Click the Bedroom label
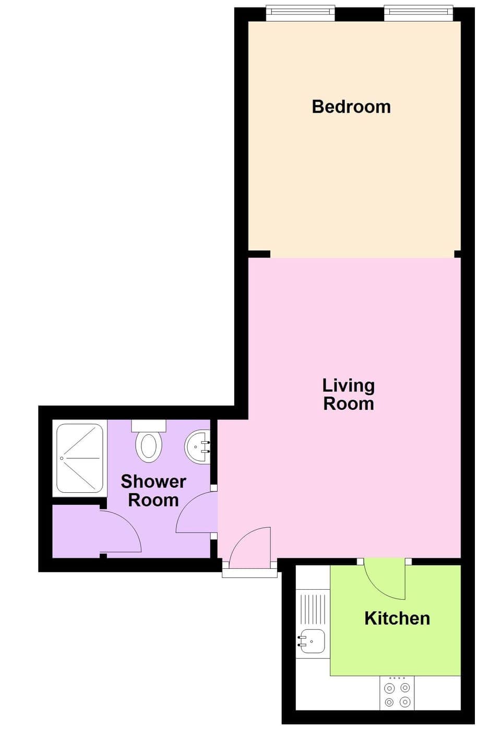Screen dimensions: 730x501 [x=351, y=107]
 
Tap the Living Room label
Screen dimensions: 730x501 [x=348, y=394]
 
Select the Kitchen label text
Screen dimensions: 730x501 [x=397, y=618]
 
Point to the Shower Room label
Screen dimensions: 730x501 [x=153, y=490]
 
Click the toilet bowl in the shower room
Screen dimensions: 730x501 [x=149, y=447]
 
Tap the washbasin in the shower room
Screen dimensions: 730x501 [x=197, y=447]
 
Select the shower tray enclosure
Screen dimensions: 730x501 [x=80, y=458]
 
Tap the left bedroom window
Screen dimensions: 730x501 [x=300, y=13]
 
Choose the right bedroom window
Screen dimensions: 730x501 [x=419, y=13]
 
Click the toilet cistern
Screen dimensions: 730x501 [x=149, y=425]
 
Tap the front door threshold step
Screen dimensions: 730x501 [x=249, y=573]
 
